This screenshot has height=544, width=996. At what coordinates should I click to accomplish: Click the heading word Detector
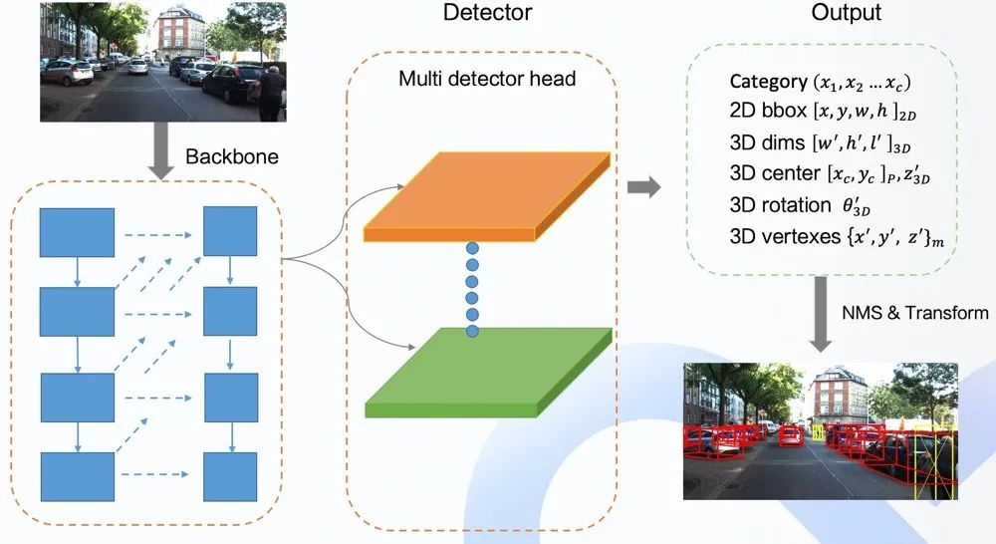pyautogui.click(x=486, y=14)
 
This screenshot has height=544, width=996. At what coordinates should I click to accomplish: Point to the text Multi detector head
pyautogui.click(x=489, y=79)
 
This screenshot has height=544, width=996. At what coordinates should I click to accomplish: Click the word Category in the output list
pyautogui.click(x=769, y=82)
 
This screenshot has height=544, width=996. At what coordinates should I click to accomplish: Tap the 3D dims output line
pyautogui.click(x=830, y=136)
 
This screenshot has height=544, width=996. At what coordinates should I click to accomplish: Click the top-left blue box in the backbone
pyautogui.click(x=77, y=232)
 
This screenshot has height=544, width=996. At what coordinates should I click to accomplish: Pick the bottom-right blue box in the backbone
pyautogui.click(x=230, y=469)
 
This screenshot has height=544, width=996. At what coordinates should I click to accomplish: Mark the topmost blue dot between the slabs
pyautogui.click(x=472, y=247)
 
